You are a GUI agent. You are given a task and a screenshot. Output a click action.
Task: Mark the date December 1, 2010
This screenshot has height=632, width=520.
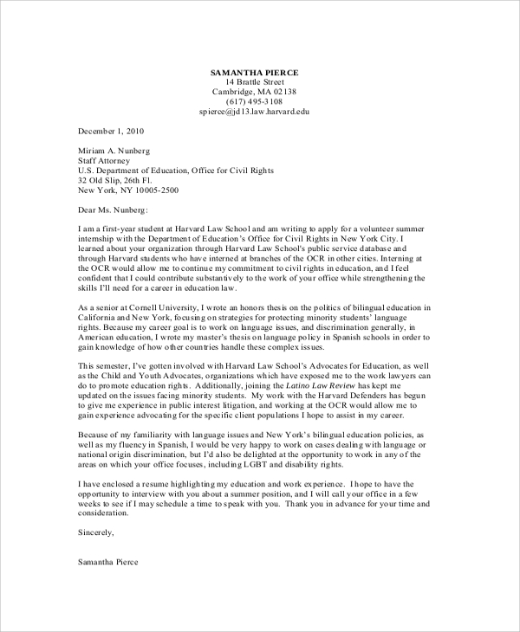pyautogui.click(x=111, y=132)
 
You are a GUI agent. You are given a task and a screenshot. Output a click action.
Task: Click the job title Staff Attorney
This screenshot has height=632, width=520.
pyautogui.click(x=104, y=161)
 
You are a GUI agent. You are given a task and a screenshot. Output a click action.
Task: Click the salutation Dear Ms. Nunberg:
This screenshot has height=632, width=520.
pyautogui.click(x=114, y=210)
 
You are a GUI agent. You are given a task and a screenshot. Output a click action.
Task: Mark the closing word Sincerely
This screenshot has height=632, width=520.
pyautogui.click(x=95, y=533)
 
